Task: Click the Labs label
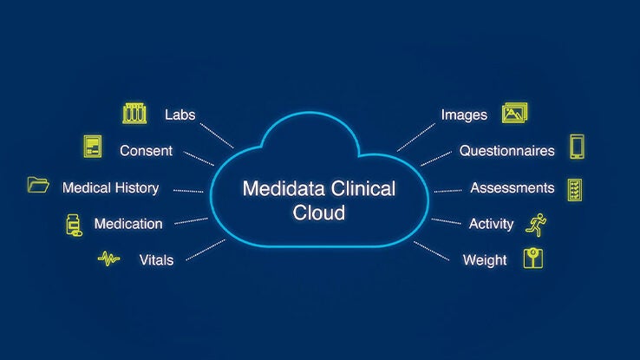click(180, 115)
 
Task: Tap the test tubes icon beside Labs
click(134, 114)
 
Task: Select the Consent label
click(146, 151)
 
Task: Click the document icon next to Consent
click(93, 146)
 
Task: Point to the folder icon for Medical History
click(38, 185)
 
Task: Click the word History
click(137, 187)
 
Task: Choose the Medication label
click(128, 224)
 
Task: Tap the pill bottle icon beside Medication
click(74, 225)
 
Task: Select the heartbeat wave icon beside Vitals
click(108, 259)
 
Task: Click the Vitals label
click(156, 260)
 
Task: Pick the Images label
click(464, 115)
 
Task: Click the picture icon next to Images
click(515, 113)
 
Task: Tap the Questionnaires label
click(507, 151)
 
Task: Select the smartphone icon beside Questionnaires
click(578, 147)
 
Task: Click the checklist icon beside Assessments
click(575, 190)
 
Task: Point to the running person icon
click(536, 225)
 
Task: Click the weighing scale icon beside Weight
click(533, 258)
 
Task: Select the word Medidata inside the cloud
click(284, 188)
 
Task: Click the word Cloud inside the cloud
click(319, 213)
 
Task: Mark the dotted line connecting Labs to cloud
click(217, 135)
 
